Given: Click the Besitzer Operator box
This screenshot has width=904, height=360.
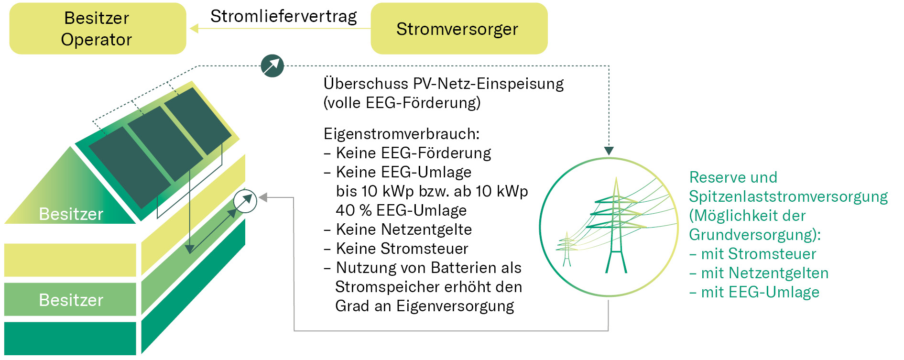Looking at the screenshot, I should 98,29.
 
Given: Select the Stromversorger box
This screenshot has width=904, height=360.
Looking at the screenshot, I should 458,29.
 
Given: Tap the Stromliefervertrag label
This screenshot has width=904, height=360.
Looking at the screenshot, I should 283,16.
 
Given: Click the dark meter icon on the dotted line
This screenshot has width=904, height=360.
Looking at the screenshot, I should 272,66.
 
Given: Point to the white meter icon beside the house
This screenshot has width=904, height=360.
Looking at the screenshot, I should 245,201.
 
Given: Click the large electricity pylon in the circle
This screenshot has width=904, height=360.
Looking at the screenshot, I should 616,225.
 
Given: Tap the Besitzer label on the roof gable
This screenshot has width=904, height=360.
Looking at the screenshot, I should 71,214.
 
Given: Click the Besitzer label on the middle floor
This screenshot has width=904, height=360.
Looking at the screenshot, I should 71,300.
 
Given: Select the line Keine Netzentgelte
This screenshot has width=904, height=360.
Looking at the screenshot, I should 403,229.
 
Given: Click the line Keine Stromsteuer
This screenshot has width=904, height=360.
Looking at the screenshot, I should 402,249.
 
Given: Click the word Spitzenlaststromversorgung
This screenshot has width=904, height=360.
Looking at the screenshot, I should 788,196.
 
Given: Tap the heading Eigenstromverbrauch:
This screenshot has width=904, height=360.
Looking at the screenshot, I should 401,134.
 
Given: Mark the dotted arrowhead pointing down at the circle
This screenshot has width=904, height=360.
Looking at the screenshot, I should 609,151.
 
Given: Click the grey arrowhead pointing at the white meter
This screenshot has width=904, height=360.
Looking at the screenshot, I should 263,197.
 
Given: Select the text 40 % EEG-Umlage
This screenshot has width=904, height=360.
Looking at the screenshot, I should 401,210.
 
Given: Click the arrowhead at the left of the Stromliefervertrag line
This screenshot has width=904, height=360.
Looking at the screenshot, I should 194,29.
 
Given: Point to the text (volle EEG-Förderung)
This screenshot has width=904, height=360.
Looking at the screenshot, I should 402,103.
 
